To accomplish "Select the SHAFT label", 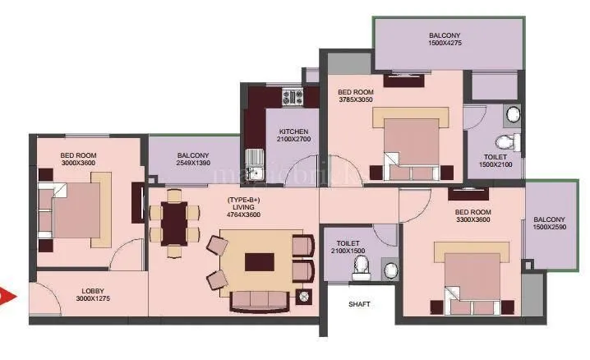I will point(359,304).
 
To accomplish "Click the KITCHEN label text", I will point(293,132).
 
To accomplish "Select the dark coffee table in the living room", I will point(260,261).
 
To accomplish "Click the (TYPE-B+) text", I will point(243,200).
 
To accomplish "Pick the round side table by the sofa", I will point(304,296).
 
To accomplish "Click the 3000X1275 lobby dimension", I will point(92,298).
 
